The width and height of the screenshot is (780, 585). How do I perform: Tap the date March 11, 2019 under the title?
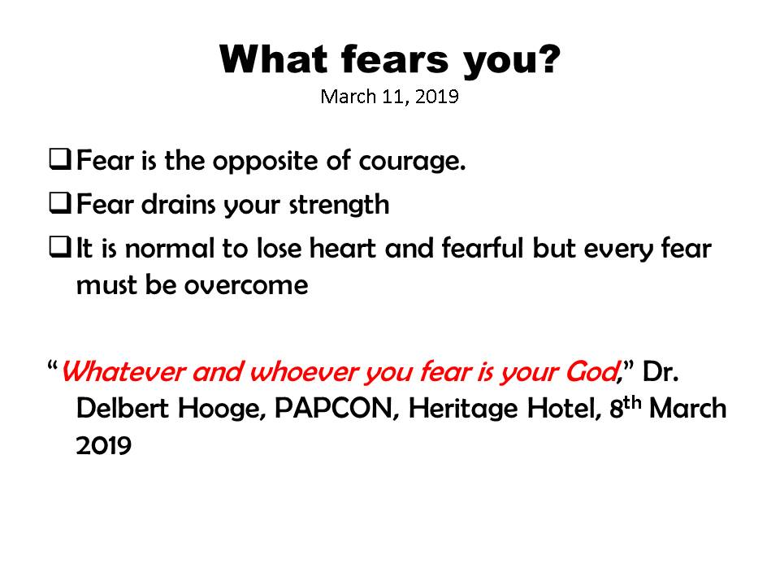(x=389, y=97)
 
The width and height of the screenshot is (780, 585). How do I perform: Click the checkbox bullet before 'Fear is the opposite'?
(x=59, y=159)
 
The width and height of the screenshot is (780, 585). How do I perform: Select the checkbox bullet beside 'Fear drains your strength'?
(x=59, y=203)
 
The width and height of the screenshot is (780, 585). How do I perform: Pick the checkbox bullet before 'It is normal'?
(x=59, y=247)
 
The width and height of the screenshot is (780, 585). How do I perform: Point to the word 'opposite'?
(x=266, y=161)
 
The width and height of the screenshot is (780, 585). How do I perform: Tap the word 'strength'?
(x=340, y=205)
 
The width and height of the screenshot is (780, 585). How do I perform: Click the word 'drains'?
(x=178, y=204)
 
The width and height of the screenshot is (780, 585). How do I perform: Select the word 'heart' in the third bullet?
(x=342, y=248)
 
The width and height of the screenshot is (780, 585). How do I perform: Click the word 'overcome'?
(x=246, y=285)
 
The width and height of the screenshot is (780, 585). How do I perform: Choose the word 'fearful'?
(x=482, y=248)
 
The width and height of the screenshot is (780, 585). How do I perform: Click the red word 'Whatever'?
(x=123, y=371)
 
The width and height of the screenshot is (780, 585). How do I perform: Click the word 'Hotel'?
(x=564, y=409)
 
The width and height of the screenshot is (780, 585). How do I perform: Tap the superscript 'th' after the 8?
(x=632, y=402)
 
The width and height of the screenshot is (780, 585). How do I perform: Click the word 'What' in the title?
(x=273, y=59)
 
